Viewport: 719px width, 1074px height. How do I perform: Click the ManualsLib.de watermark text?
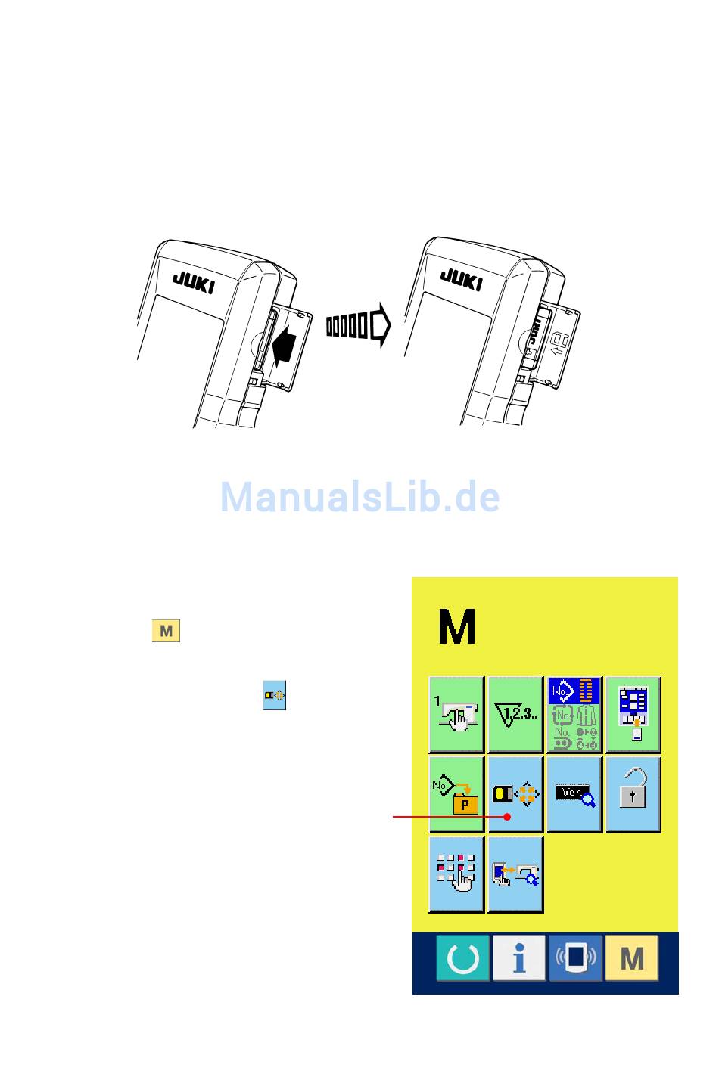click(x=359, y=497)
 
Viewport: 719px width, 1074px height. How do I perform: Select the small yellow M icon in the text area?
click(x=166, y=631)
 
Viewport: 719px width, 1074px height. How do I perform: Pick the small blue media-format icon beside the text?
click(x=274, y=695)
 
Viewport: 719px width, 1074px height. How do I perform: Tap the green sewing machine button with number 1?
click(x=456, y=715)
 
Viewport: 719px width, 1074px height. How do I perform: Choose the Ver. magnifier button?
click(x=574, y=794)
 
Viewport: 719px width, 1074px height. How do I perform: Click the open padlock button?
click(x=633, y=794)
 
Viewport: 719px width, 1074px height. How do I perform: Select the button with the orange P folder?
click(x=456, y=794)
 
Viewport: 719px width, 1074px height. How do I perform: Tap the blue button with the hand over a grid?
click(x=456, y=874)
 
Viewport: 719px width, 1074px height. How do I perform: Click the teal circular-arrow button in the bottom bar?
click(x=462, y=958)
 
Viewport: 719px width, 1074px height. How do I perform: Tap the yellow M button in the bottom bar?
click(x=632, y=958)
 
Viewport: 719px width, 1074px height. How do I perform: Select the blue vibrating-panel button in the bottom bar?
click(x=576, y=958)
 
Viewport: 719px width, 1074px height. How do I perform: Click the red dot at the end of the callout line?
click(x=508, y=817)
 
